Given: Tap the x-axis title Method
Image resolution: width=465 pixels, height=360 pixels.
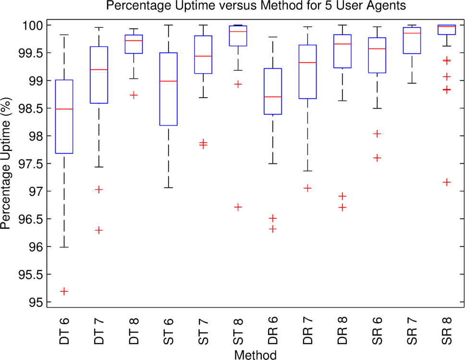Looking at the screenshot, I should [x=256, y=355].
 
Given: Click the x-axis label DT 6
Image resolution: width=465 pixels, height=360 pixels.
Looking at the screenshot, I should [x=64, y=330].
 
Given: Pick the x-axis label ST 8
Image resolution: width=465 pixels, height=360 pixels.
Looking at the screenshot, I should [x=238, y=330].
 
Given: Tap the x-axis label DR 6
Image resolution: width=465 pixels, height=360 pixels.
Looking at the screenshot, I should [x=273, y=330].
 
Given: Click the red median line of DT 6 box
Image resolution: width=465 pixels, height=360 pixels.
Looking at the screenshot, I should [x=64, y=109].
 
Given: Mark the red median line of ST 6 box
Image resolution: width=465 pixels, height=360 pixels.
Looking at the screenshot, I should [x=169, y=81].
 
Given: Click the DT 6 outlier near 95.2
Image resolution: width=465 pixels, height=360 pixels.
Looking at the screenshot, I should [x=64, y=291].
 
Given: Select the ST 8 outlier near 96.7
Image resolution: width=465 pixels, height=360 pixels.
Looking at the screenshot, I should [x=238, y=207].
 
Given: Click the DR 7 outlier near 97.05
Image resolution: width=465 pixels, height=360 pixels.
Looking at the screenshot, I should [x=308, y=188].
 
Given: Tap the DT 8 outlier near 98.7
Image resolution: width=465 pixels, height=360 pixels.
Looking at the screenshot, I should [x=134, y=95].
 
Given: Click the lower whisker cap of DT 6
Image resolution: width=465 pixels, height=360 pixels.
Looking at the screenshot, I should [x=64, y=247].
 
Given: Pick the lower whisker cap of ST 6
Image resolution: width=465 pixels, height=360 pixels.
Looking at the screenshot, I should [x=169, y=187].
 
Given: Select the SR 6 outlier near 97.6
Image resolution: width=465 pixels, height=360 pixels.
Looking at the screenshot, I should [x=378, y=158].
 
